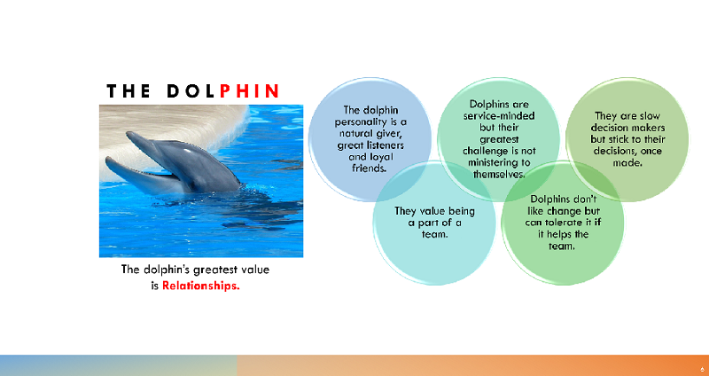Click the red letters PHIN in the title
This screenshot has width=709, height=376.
pyautogui.click(x=249, y=91)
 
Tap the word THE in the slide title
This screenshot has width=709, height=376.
pyautogui.click(x=128, y=91)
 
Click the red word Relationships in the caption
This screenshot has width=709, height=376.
pyautogui.click(x=201, y=286)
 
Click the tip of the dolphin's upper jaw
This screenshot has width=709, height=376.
pyautogui.click(x=128, y=133)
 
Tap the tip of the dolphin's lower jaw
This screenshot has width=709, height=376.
pyautogui.click(x=107, y=160)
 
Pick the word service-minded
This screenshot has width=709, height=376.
pyautogui.click(x=499, y=116)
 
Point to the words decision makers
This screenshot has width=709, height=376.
pyautogui.click(x=627, y=128)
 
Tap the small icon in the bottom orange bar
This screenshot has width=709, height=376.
pyautogui.click(x=702, y=369)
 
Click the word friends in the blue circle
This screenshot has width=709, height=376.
pyautogui.click(x=370, y=168)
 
